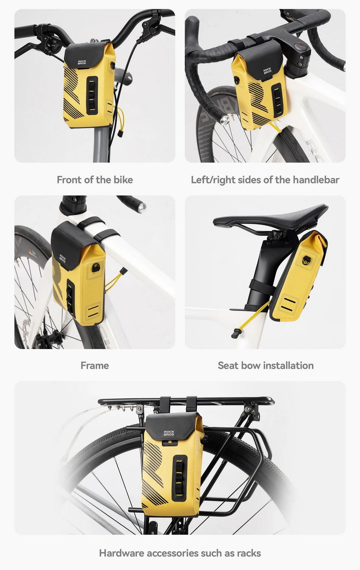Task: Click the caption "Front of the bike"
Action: click(95, 180)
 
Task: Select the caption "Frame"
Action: click(95, 365)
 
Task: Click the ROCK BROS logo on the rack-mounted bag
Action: click(169, 433)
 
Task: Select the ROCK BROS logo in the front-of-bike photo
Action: click(82, 62)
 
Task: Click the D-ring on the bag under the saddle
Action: click(306, 260)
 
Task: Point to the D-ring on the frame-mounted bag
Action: click(96, 268)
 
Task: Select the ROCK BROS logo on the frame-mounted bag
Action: click(62, 258)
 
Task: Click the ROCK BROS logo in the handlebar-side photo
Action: click(267, 71)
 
